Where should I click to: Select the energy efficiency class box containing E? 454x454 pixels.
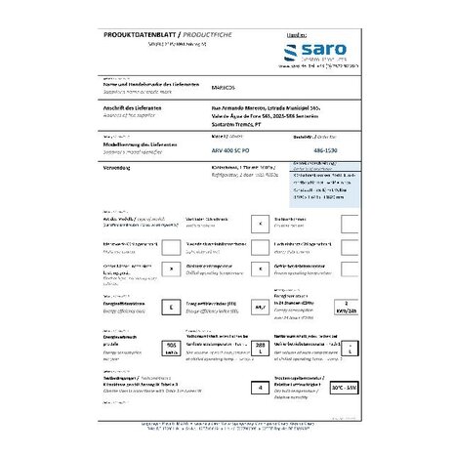(x=172, y=308)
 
